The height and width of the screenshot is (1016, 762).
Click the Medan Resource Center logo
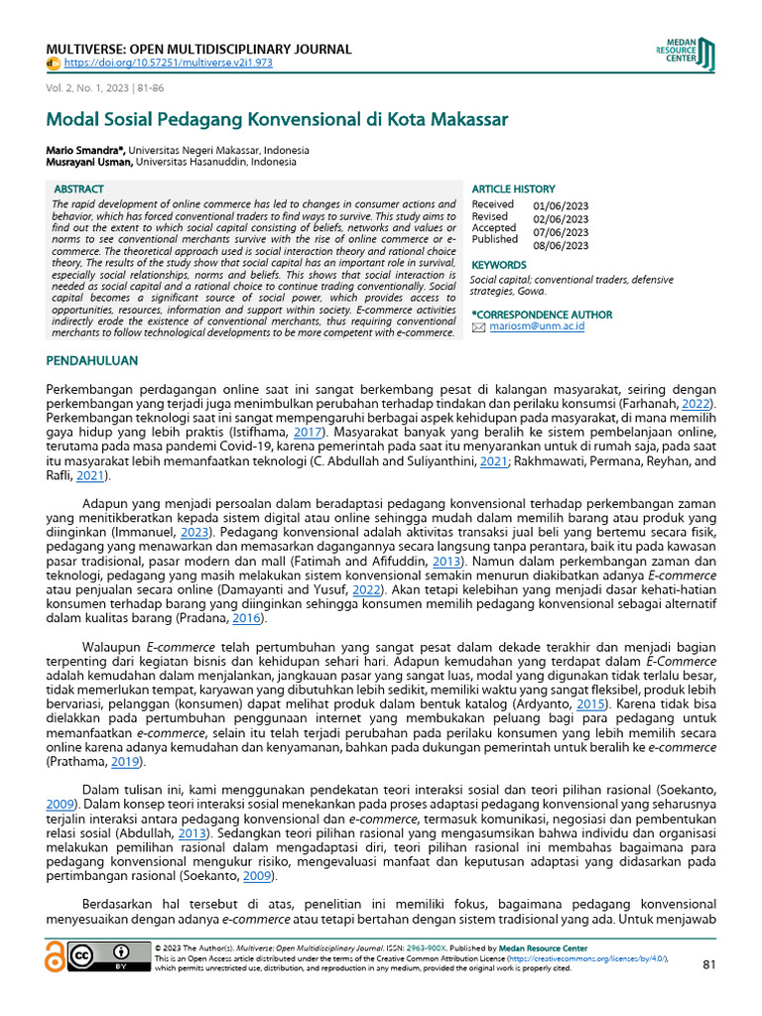coord(686,54)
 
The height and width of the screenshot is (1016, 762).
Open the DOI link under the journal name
coord(168,63)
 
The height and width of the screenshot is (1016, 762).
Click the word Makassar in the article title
coord(462,120)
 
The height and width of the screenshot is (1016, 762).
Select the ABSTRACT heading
coord(78,189)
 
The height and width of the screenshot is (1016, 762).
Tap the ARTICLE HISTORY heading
coord(513,189)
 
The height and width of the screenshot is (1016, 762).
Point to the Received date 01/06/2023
coord(561,205)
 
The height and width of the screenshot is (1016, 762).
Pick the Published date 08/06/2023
coord(561,245)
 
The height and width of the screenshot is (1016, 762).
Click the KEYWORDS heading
coord(498,265)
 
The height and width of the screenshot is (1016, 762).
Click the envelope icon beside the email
coord(478,326)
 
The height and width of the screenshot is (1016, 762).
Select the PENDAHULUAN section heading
coord(92,361)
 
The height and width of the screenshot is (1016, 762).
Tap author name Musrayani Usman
coord(87,161)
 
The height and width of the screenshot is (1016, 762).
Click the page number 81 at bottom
coord(707,964)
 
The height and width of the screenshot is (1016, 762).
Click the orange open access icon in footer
coord(56,957)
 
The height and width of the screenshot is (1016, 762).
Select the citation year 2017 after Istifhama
coord(309,434)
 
